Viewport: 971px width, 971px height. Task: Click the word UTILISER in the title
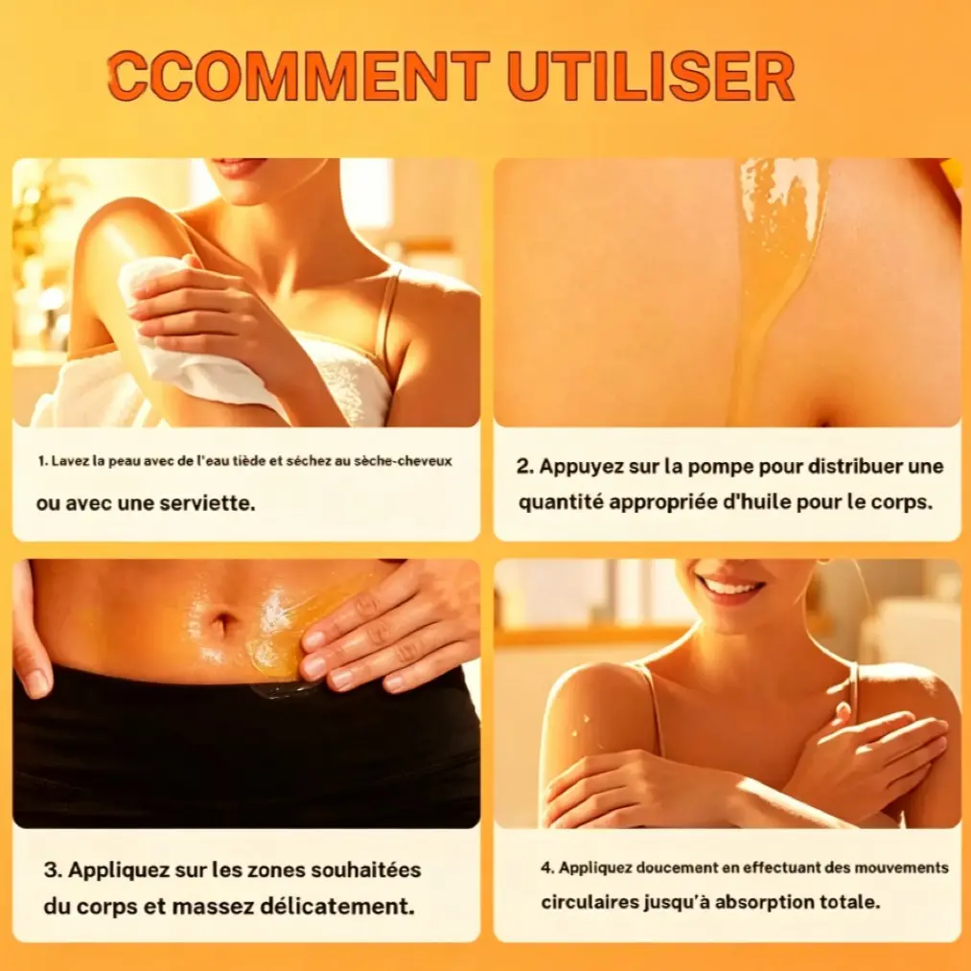[x=651, y=76]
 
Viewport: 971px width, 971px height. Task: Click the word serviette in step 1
[x=207, y=503]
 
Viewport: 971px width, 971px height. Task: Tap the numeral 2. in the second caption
[x=525, y=466]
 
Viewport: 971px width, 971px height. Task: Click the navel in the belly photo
[x=221, y=622]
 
